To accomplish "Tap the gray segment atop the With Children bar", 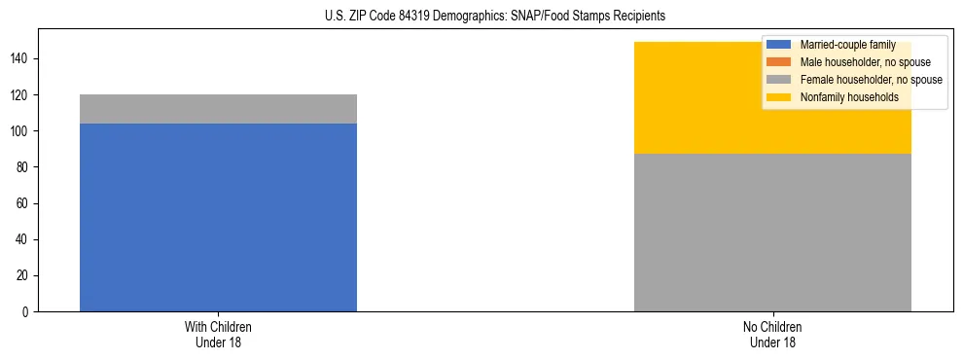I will click(218, 109).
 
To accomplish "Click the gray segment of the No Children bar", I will click(772, 233).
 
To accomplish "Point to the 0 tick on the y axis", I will click(27, 312).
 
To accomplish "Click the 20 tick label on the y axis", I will click(24, 276).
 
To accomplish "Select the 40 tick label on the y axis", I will click(24, 240).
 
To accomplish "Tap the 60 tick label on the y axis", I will click(24, 204).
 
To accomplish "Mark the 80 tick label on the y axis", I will click(24, 167).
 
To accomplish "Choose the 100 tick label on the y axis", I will click(21, 131).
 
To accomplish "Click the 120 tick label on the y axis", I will click(21, 95).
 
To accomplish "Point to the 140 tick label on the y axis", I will click(21, 59).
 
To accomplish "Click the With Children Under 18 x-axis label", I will click(218, 334).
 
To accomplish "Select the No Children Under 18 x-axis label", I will click(772, 334).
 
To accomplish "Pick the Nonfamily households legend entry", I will click(849, 97).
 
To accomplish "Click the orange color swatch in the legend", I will click(779, 62).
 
